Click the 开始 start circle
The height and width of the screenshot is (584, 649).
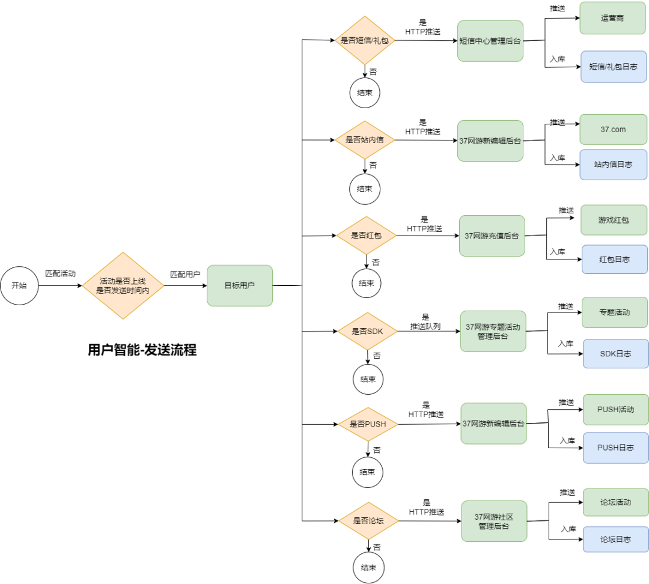tap(19, 285)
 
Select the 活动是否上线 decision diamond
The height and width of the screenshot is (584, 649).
tap(123, 285)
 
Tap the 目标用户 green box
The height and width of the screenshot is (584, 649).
tap(240, 285)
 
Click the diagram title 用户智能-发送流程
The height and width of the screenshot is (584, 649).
tap(142, 350)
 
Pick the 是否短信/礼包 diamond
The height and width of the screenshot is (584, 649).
tap(365, 41)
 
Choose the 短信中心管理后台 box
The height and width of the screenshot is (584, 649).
tap(490, 41)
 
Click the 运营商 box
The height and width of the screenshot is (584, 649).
tap(612, 18)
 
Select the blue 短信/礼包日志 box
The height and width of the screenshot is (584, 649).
tap(614, 67)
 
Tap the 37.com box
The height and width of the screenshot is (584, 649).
tap(614, 130)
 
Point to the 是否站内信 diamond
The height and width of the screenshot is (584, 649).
tap(365, 140)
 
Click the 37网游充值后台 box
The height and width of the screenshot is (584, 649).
tap(492, 236)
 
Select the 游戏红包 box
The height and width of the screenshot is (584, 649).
tap(614, 220)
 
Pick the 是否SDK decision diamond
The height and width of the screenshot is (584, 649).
tap(368, 331)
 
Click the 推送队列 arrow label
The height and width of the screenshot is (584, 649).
tap(425, 327)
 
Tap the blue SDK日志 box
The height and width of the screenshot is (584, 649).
tap(616, 354)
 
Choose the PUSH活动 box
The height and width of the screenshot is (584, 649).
tap(616, 410)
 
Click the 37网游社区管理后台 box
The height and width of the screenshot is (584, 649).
tap(494, 522)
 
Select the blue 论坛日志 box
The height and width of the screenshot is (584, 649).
tap(616, 540)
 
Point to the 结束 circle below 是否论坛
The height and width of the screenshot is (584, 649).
tap(369, 567)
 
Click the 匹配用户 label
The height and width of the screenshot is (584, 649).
tap(185, 275)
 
